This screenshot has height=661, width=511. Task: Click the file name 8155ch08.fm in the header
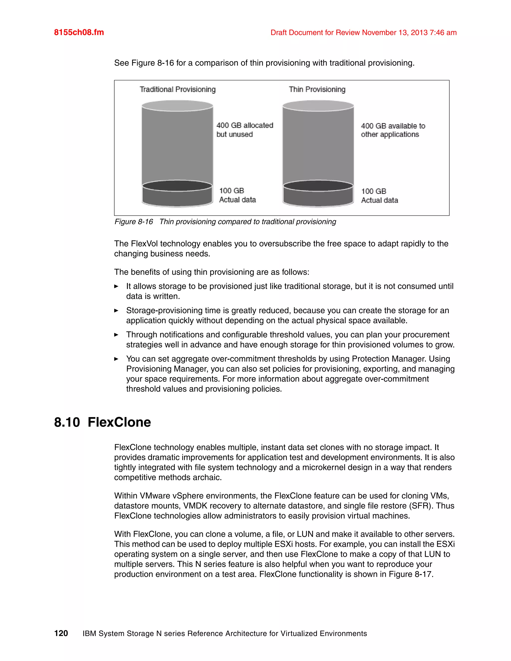coord(79,32)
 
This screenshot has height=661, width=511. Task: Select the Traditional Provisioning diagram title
coord(177,89)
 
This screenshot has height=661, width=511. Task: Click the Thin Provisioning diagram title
coord(317,89)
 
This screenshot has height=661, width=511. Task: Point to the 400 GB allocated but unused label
coord(245,130)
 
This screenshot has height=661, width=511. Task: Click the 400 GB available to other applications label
coord(393,130)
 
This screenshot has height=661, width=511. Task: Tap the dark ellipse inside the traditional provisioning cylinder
coord(177,186)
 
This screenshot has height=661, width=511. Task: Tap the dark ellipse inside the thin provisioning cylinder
coord(318,186)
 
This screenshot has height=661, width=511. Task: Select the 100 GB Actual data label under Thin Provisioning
coord(379,196)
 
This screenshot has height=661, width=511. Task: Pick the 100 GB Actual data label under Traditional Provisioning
coord(237,195)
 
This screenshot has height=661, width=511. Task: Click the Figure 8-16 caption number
coord(134,222)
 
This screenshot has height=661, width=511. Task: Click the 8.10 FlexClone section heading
coord(102,422)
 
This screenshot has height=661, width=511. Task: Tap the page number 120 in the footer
coord(61,634)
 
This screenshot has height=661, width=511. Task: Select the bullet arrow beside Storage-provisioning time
coord(116,311)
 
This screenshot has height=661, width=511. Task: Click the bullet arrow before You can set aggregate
coord(116,359)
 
